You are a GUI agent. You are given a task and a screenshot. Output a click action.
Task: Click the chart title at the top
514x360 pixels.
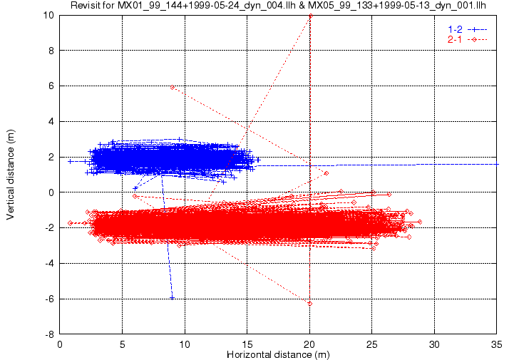[x=278, y=5]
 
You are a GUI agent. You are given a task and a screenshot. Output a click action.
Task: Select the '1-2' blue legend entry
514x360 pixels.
[x=467, y=29]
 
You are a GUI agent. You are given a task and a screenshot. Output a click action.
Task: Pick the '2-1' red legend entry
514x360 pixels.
[x=467, y=40]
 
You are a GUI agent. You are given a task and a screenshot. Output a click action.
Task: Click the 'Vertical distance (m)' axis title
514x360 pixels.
[x=11, y=175]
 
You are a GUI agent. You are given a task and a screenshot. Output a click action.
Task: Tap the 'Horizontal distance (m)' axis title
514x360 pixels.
[x=278, y=354]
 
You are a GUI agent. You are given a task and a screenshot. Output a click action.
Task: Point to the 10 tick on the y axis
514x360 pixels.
[x=48, y=15]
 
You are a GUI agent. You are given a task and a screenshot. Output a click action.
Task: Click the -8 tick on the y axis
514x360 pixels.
[x=49, y=335]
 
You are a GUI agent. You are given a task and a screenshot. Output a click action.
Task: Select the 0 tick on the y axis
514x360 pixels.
[x=51, y=192]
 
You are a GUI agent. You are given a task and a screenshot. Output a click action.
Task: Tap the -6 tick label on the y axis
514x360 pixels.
[x=49, y=299]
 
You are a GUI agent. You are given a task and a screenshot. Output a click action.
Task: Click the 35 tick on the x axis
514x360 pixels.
[x=497, y=344]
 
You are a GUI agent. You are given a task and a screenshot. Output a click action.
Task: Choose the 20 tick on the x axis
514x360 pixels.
[x=309, y=344]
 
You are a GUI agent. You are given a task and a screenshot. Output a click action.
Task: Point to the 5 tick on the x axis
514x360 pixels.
[x=123, y=344]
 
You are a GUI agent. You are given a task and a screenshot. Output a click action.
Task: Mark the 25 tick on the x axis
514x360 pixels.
[x=371, y=344]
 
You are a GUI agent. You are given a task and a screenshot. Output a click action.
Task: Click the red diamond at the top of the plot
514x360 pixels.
[x=310, y=16]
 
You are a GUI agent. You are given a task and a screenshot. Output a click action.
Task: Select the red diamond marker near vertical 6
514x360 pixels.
[x=173, y=87]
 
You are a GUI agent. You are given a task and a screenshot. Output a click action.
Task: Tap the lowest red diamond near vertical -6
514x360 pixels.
[x=310, y=304]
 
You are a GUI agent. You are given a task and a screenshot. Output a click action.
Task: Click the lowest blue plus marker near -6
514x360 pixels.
[x=172, y=298]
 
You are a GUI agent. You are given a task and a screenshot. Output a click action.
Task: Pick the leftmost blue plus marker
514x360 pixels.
[x=70, y=161]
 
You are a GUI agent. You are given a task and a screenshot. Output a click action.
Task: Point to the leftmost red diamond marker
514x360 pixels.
[x=70, y=223]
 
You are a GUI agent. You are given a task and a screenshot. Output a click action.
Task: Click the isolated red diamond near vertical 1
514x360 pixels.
[x=327, y=173]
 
